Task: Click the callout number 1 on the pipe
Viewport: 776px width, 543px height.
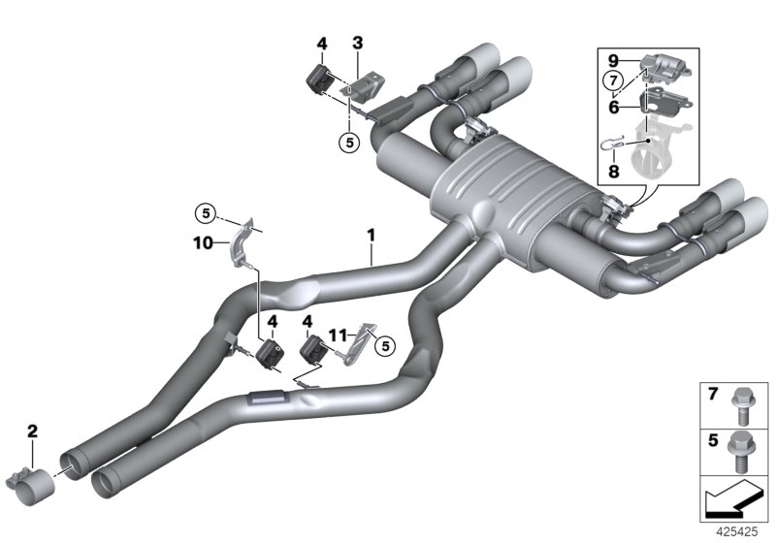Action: (x=370, y=234)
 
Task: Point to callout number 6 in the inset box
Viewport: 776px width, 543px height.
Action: (x=614, y=109)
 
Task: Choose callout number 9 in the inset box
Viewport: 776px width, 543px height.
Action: (x=614, y=58)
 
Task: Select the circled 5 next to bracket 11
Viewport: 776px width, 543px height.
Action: (x=383, y=342)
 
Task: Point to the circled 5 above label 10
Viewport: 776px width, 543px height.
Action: (x=205, y=210)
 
